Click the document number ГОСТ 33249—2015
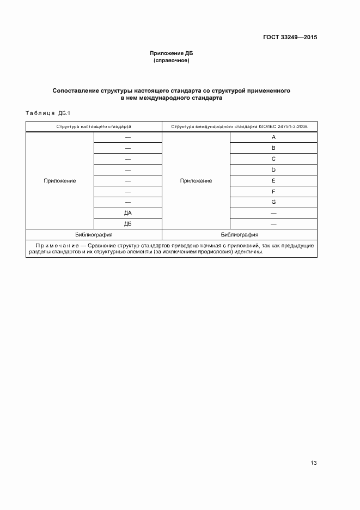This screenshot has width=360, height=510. pos(290,38)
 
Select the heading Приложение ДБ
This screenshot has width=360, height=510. pos(172,53)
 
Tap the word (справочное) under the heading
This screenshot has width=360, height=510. pos(172,60)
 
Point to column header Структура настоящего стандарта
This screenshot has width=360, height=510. pos(94,126)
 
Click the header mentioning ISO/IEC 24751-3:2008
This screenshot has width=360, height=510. pos(239,126)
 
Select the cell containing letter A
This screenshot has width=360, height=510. pos(273,137)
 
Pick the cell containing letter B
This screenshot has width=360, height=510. pos(273,148)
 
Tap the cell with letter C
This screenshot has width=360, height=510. pos(273,159)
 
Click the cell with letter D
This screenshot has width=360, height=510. pos(273,170)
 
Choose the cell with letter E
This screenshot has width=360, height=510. pos(273,181)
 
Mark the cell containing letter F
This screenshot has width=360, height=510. pos(273,192)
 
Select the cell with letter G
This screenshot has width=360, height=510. pos(273,203)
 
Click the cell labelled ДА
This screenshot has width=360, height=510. pos(128,213)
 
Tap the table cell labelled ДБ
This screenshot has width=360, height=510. pos(128,224)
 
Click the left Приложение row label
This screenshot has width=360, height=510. pos(60,181)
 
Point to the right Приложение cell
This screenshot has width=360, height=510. pos(196,181)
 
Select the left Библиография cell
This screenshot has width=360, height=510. pos(94,235)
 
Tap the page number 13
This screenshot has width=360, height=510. pos(314,463)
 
